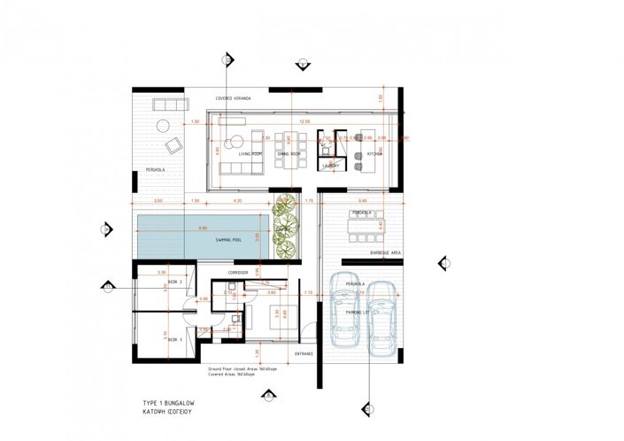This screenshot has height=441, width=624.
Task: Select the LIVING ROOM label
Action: click(x=250, y=153)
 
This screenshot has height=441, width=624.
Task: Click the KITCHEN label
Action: click(x=374, y=153)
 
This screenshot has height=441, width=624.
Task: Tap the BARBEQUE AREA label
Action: click(x=386, y=253)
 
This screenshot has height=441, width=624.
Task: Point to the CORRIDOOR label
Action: click(x=237, y=272)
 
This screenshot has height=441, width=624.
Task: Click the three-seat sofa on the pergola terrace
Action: click(x=166, y=104)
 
